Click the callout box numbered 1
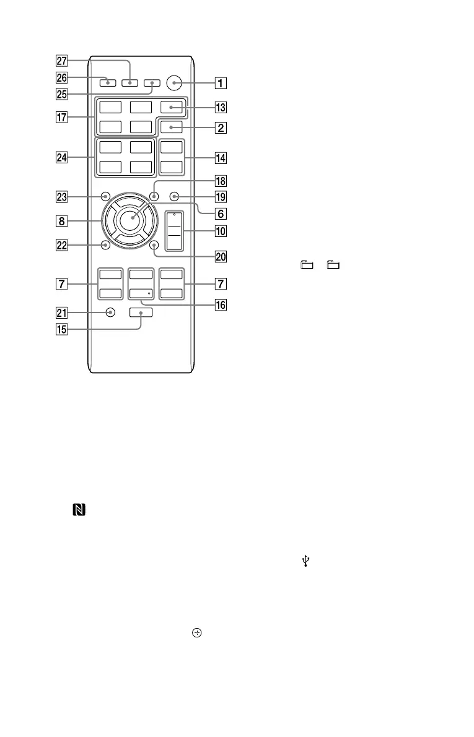tap(218, 82)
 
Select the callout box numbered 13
tap(218, 106)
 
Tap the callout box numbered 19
tap(218, 197)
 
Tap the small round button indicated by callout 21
tap(110, 312)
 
